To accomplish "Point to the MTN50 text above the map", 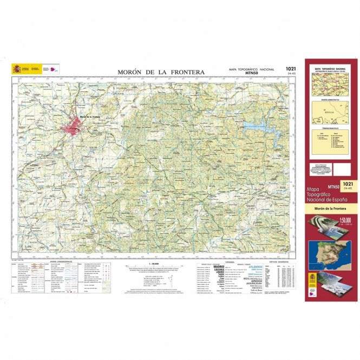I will coord(250,74).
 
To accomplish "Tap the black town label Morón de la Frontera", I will coord(90,117).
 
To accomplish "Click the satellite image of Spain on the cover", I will coord(328,252).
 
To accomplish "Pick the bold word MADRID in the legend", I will coord(219,267).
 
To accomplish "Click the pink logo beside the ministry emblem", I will coord(53,69).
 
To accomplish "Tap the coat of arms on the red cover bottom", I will coord(315,278).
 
